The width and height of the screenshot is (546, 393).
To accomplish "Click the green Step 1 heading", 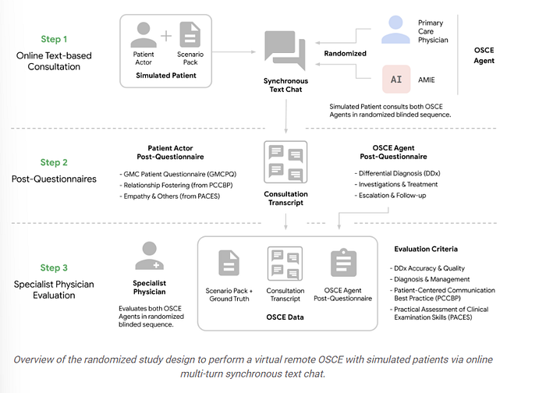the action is coord(54,39).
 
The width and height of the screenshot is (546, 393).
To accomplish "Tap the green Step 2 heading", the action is coord(54,162).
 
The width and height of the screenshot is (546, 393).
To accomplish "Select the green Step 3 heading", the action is coord(54,267).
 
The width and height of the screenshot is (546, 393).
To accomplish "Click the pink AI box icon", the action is coord(396,80).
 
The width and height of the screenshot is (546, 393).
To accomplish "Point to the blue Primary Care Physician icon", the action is coord(395,30).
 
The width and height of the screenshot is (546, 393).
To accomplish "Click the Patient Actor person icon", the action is coord(144,35).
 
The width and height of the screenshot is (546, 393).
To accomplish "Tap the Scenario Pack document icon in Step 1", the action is coord(190,34).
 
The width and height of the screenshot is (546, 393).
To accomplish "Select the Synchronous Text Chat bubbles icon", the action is coord(285,51).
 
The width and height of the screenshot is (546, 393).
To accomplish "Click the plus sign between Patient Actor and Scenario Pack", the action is coord(166,36).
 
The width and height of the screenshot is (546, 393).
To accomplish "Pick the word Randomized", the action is coord(345,53).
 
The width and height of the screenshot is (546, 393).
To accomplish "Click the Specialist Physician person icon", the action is coord(150,256).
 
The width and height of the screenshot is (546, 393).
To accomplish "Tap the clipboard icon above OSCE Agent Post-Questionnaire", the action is coord(343,263).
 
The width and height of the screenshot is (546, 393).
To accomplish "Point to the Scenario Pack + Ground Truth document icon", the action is coord(229,263).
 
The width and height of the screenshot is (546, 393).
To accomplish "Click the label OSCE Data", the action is coord(285,317).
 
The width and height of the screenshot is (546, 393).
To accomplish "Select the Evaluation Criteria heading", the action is coord(426,249).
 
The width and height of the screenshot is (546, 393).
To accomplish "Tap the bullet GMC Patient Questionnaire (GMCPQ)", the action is coord(178,174).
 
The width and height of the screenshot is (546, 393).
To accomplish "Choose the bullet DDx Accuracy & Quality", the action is coord(427,268).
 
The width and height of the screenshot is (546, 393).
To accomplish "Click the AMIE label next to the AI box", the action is coord(427,80).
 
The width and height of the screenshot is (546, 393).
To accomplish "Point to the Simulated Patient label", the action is coord(166,75).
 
